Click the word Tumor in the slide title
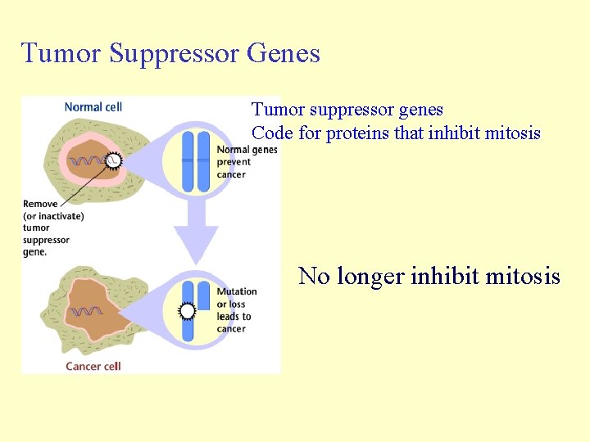coord(61,53)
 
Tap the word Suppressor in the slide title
coord(174,54)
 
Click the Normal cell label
coord(93,106)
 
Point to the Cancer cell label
coord(93,366)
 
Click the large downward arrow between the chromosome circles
coord(196,233)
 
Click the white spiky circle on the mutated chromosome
coord(188,311)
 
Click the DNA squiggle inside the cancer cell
coord(86,312)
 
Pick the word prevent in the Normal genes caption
coord(234,162)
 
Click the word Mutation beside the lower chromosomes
coord(237,291)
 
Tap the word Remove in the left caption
coord(41,204)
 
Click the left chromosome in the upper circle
coord(188,161)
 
